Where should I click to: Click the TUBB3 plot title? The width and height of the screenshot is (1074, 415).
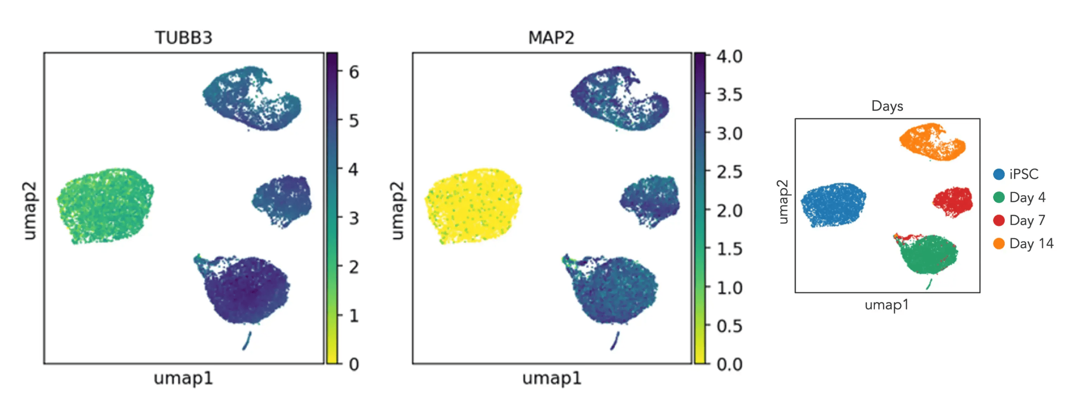(x=184, y=38)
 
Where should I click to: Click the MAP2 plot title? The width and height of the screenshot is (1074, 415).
(x=551, y=38)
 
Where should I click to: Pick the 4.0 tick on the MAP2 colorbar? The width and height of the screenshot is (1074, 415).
(x=729, y=56)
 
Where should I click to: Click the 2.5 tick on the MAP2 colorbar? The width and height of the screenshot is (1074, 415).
(x=729, y=172)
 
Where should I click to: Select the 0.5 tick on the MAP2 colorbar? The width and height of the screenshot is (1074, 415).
(x=729, y=326)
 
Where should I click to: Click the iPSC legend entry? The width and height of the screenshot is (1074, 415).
(x=1023, y=174)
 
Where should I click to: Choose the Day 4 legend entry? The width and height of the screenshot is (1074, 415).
(x=1027, y=197)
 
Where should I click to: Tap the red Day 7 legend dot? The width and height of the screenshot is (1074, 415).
(x=999, y=220)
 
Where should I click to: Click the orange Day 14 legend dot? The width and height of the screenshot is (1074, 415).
(x=999, y=243)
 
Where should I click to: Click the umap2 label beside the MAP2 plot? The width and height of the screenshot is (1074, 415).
(x=398, y=211)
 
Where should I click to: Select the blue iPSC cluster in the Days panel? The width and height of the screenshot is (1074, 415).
(x=833, y=205)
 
